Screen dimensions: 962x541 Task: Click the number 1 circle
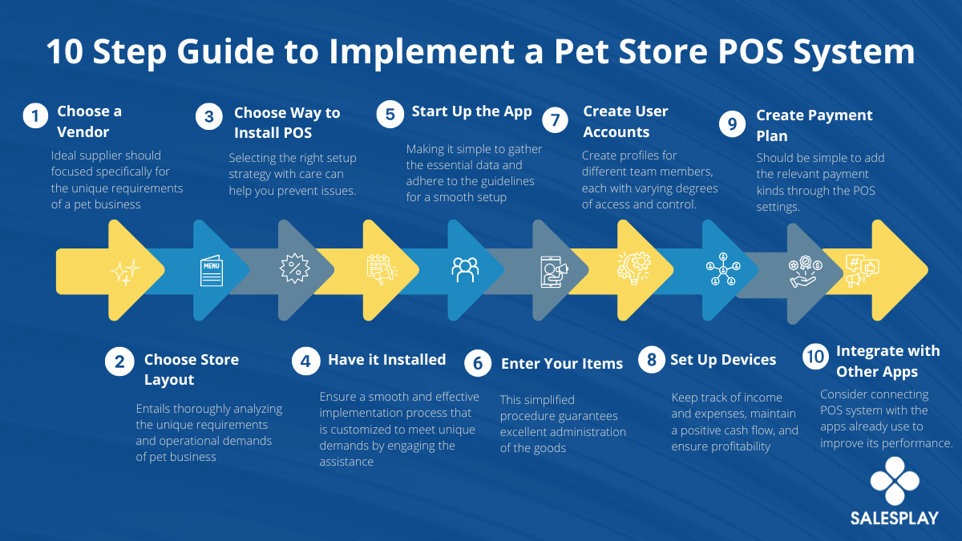[x=35, y=115]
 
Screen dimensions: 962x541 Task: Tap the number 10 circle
[x=816, y=357]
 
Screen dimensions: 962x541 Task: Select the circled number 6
[x=478, y=363]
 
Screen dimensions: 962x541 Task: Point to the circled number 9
[x=732, y=123]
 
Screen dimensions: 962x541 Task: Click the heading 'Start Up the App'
[x=471, y=111]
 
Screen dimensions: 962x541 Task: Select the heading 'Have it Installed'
[x=387, y=359]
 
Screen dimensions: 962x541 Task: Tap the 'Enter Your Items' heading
[x=562, y=364]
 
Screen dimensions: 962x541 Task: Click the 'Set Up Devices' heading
[x=723, y=359]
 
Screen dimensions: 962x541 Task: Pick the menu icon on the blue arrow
[x=212, y=271]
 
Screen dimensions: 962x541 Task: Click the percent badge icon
[x=295, y=268]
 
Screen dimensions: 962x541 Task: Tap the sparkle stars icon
[x=125, y=272]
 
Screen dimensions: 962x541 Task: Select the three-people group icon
[x=465, y=269]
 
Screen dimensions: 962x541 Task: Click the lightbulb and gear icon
[x=634, y=268]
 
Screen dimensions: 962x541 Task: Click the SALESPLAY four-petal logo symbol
[x=895, y=481]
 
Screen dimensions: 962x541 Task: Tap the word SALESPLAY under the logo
[x=895, y=519]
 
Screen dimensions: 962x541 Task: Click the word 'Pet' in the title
[x=576, y=51]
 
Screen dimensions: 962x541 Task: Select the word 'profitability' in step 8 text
[x=721, y=446]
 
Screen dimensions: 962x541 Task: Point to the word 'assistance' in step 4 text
[x=346, y=462]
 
